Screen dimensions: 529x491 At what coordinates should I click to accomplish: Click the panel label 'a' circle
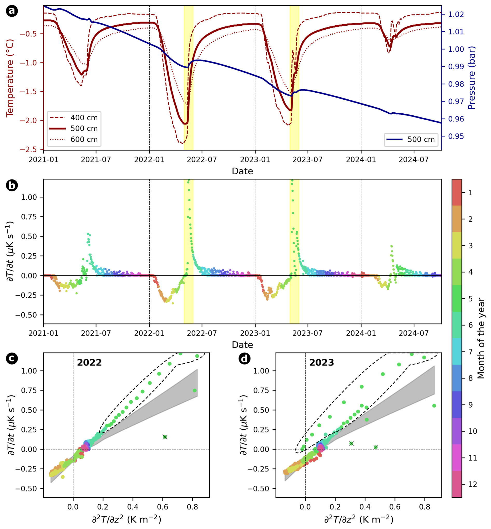(12, 11)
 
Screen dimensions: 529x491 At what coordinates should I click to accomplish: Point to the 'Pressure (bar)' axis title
(472, 78)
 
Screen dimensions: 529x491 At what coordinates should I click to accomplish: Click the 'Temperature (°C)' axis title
(10, 78)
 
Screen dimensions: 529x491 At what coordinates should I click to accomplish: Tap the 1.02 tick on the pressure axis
(456, 14)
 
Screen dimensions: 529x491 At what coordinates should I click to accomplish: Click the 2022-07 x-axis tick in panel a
(202, 160)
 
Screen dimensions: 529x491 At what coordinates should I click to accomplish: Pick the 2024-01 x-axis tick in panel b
(361, 333)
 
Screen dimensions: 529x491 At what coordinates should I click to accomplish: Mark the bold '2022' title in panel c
(89, 363)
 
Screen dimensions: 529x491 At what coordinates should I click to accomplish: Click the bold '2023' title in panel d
(322, 363)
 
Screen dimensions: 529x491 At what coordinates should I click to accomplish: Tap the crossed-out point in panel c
(165, 437)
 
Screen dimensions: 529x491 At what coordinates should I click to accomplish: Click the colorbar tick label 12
(473, 484)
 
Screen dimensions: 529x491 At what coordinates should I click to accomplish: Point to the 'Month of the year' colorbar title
(481, 338)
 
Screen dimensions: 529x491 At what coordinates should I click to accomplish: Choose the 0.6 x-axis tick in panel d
(395, 507)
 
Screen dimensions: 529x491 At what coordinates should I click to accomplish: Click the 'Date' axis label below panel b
(242, 345)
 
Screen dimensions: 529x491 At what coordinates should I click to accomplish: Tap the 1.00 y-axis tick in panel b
(29, 197)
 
